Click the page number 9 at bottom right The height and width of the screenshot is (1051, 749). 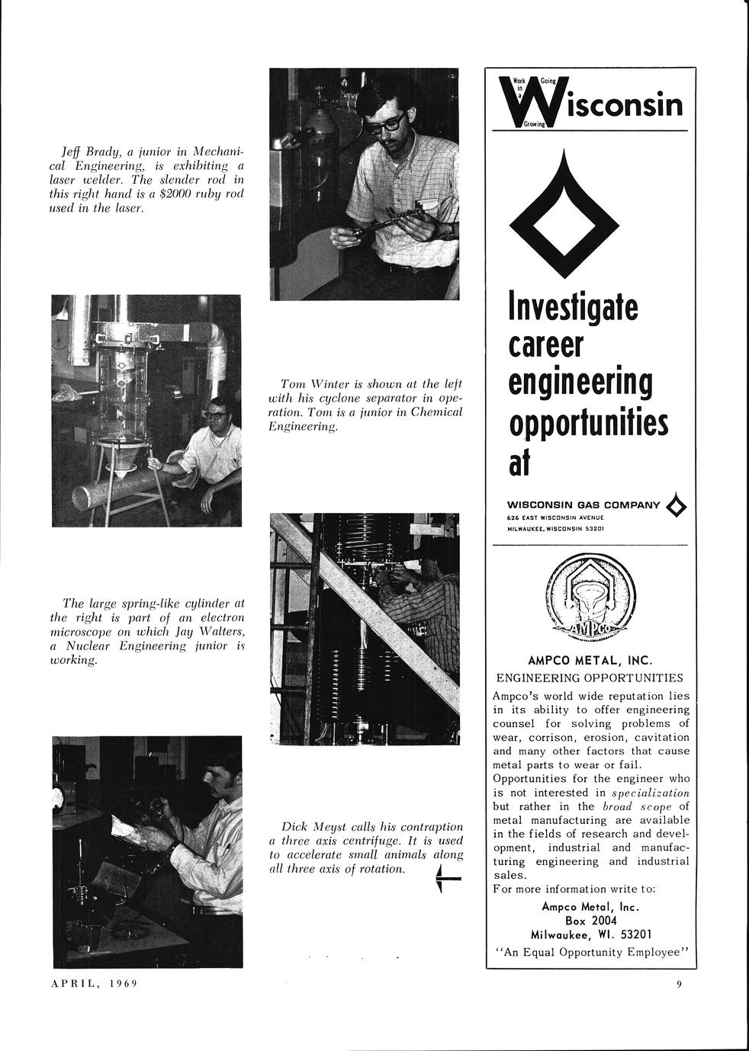678,984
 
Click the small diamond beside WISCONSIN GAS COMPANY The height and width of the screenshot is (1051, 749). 676,505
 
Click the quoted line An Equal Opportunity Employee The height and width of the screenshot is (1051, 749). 591,951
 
